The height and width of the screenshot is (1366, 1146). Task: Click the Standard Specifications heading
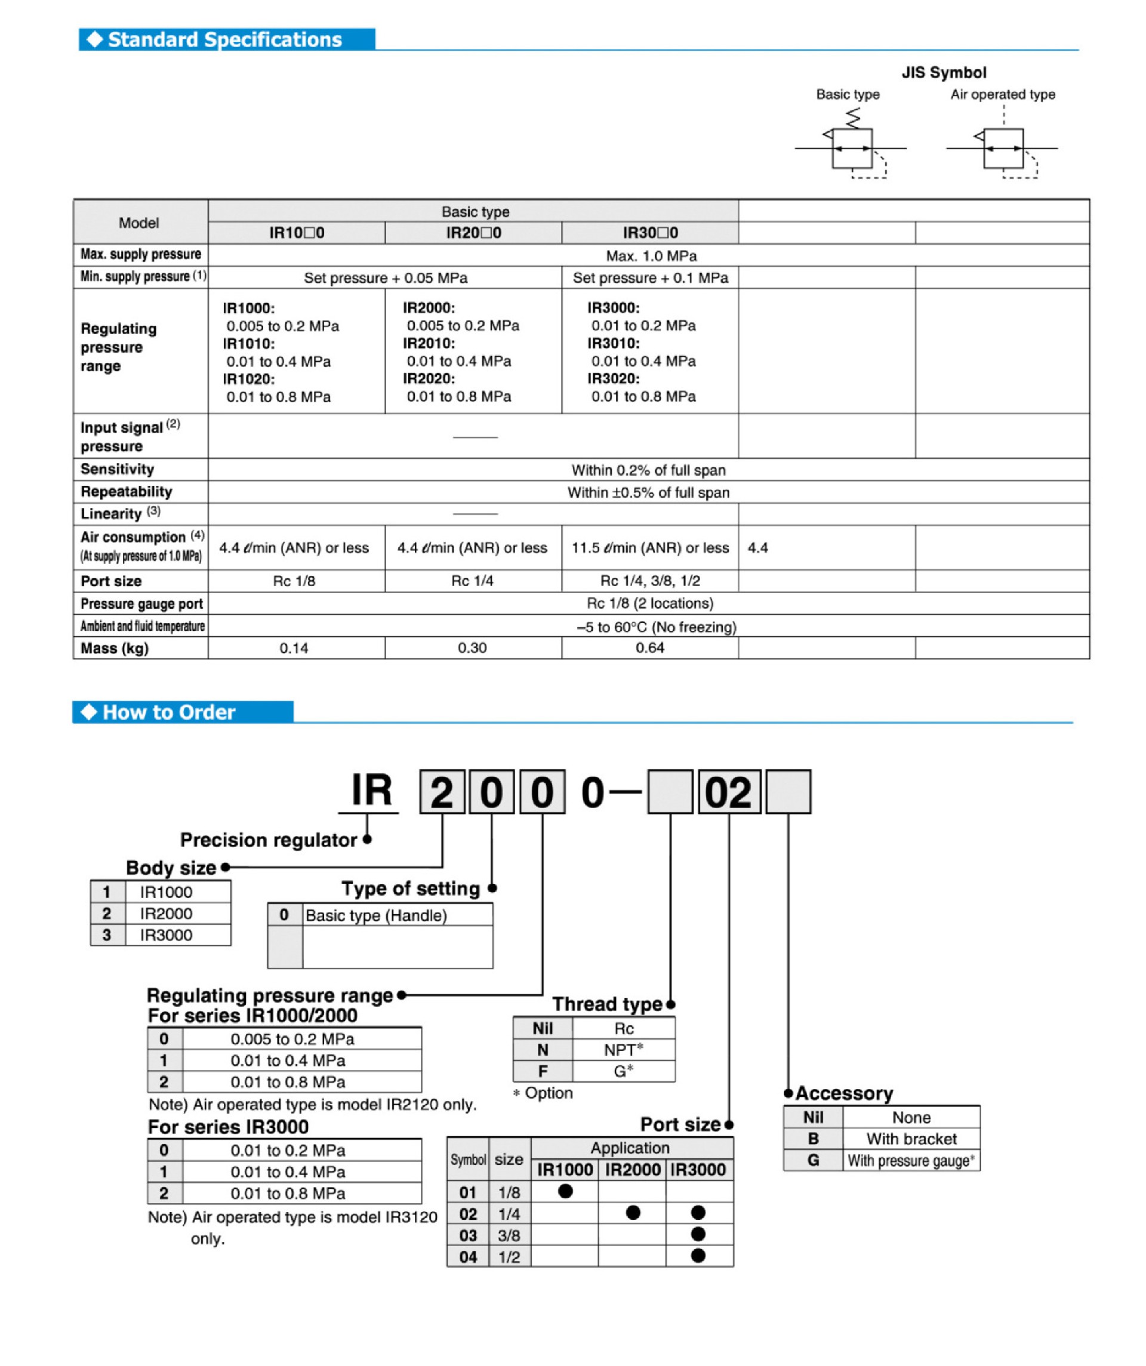[224, 39]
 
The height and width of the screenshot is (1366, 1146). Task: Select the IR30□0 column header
[649, 233]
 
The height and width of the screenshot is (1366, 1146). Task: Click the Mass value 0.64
[649, 647]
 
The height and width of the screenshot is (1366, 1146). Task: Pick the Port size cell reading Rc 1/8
[294, 581]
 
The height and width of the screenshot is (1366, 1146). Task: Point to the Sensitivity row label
[118, 469]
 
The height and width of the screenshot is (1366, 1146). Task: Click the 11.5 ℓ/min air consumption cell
[649, 548]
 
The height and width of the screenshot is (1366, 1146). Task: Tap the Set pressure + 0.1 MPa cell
[649, 277]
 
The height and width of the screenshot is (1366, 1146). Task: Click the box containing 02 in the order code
[728, 792]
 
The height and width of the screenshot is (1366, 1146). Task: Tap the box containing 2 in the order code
[442, 792]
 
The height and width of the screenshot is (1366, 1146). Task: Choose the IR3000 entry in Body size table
[166, 935]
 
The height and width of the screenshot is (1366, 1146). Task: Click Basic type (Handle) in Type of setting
[376, 915]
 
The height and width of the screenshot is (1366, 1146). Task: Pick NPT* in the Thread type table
[623, 1050]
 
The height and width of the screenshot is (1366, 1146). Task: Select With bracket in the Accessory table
[911, 1139]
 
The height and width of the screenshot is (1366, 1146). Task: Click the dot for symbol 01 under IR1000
[565, 1191]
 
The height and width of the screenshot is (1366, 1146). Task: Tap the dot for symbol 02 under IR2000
[633, 1213]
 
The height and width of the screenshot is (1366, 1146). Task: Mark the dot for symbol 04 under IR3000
[698, 1256]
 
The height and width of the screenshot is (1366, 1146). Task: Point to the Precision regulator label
[268, 840]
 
